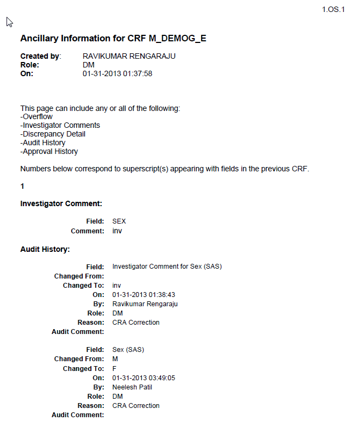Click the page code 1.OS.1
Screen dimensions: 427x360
333,9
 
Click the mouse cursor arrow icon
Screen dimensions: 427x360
9,22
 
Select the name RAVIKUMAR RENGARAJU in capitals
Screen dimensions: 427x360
129,56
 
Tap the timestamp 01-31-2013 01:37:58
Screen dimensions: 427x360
117,73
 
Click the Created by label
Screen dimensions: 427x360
41,56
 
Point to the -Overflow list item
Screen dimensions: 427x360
36,116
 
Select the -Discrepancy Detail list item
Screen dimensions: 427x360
53,134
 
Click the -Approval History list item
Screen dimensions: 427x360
49,151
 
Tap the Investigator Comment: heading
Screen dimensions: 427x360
61,203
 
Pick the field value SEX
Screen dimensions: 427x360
119,221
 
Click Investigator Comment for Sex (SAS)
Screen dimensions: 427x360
167,267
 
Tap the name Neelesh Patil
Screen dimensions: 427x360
132,387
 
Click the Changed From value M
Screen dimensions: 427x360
115,359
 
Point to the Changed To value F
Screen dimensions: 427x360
114,368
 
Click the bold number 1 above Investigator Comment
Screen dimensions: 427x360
22,186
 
